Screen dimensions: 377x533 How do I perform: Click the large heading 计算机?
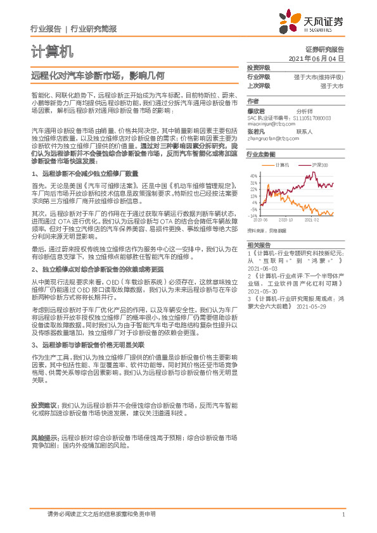(x=52, y=51)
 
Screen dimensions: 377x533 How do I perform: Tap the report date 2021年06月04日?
(x=317, y=58)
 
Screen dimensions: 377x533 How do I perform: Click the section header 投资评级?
(x=259, y=68)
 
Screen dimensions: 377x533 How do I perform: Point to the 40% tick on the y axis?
(x=253, y=176)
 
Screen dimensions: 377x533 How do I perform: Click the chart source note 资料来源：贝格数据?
(x=268, y=230)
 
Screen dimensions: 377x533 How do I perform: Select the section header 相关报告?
(x=259, y=244)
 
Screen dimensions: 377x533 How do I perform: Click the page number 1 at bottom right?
(x=343, y=515)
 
